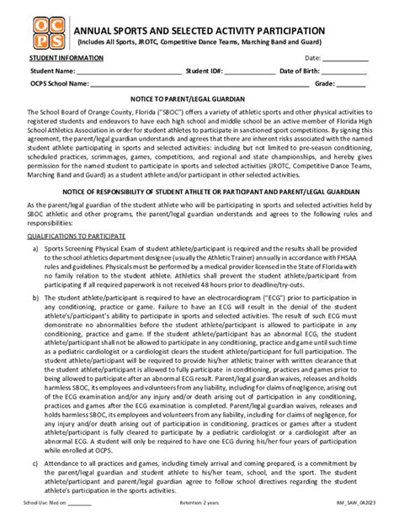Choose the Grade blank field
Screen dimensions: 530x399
pos(353,85)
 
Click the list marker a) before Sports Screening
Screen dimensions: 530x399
pos(34,250)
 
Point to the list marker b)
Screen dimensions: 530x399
pos(34,298)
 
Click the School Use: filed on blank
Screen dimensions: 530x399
pos(79,523)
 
